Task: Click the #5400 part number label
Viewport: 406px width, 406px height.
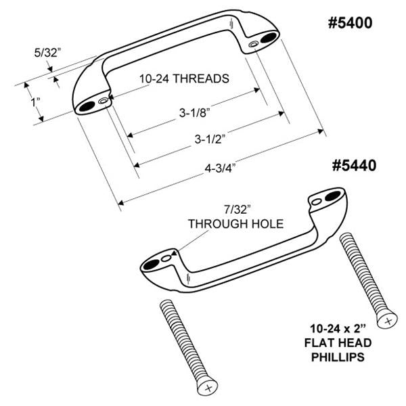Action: point(350,23)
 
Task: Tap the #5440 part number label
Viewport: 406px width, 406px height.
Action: point(354,166)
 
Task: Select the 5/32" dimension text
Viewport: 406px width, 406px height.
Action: point(47,53)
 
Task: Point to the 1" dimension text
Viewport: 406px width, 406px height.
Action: point(36,101)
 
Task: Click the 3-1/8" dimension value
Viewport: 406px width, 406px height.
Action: point(194,112)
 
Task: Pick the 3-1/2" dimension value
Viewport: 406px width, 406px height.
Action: point(210,139)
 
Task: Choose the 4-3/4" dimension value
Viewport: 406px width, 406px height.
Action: point(220,168)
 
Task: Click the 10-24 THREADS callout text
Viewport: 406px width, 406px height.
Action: point(184,78)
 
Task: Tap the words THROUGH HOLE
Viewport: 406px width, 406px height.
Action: point(235,224)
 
